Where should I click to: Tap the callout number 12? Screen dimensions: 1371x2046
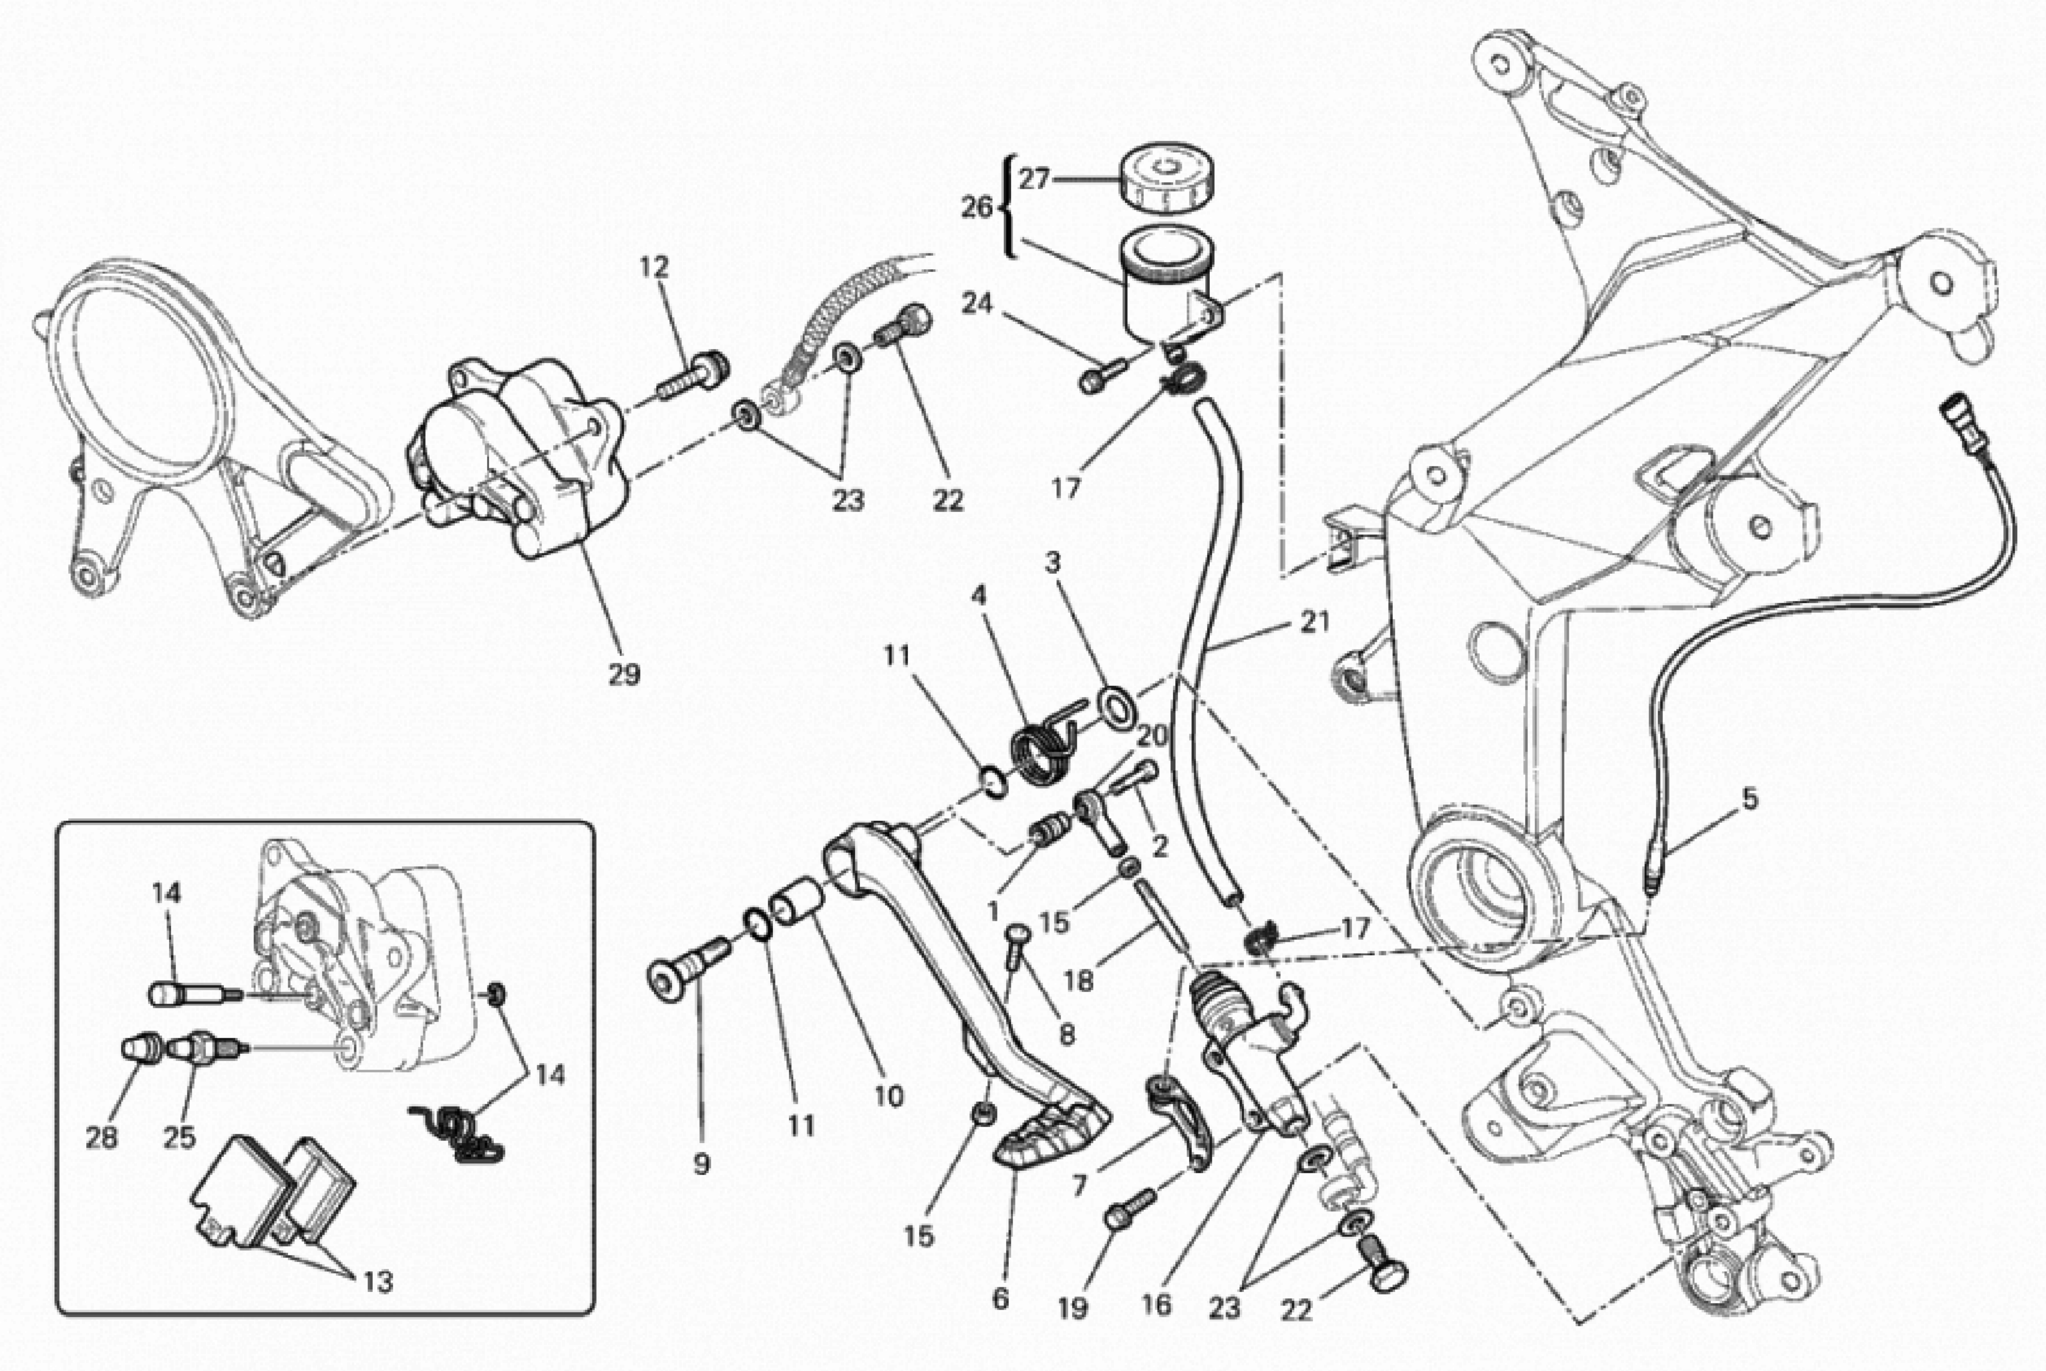click(x=654, y=267)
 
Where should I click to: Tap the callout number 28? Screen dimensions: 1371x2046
click(x=102, y=1138)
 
